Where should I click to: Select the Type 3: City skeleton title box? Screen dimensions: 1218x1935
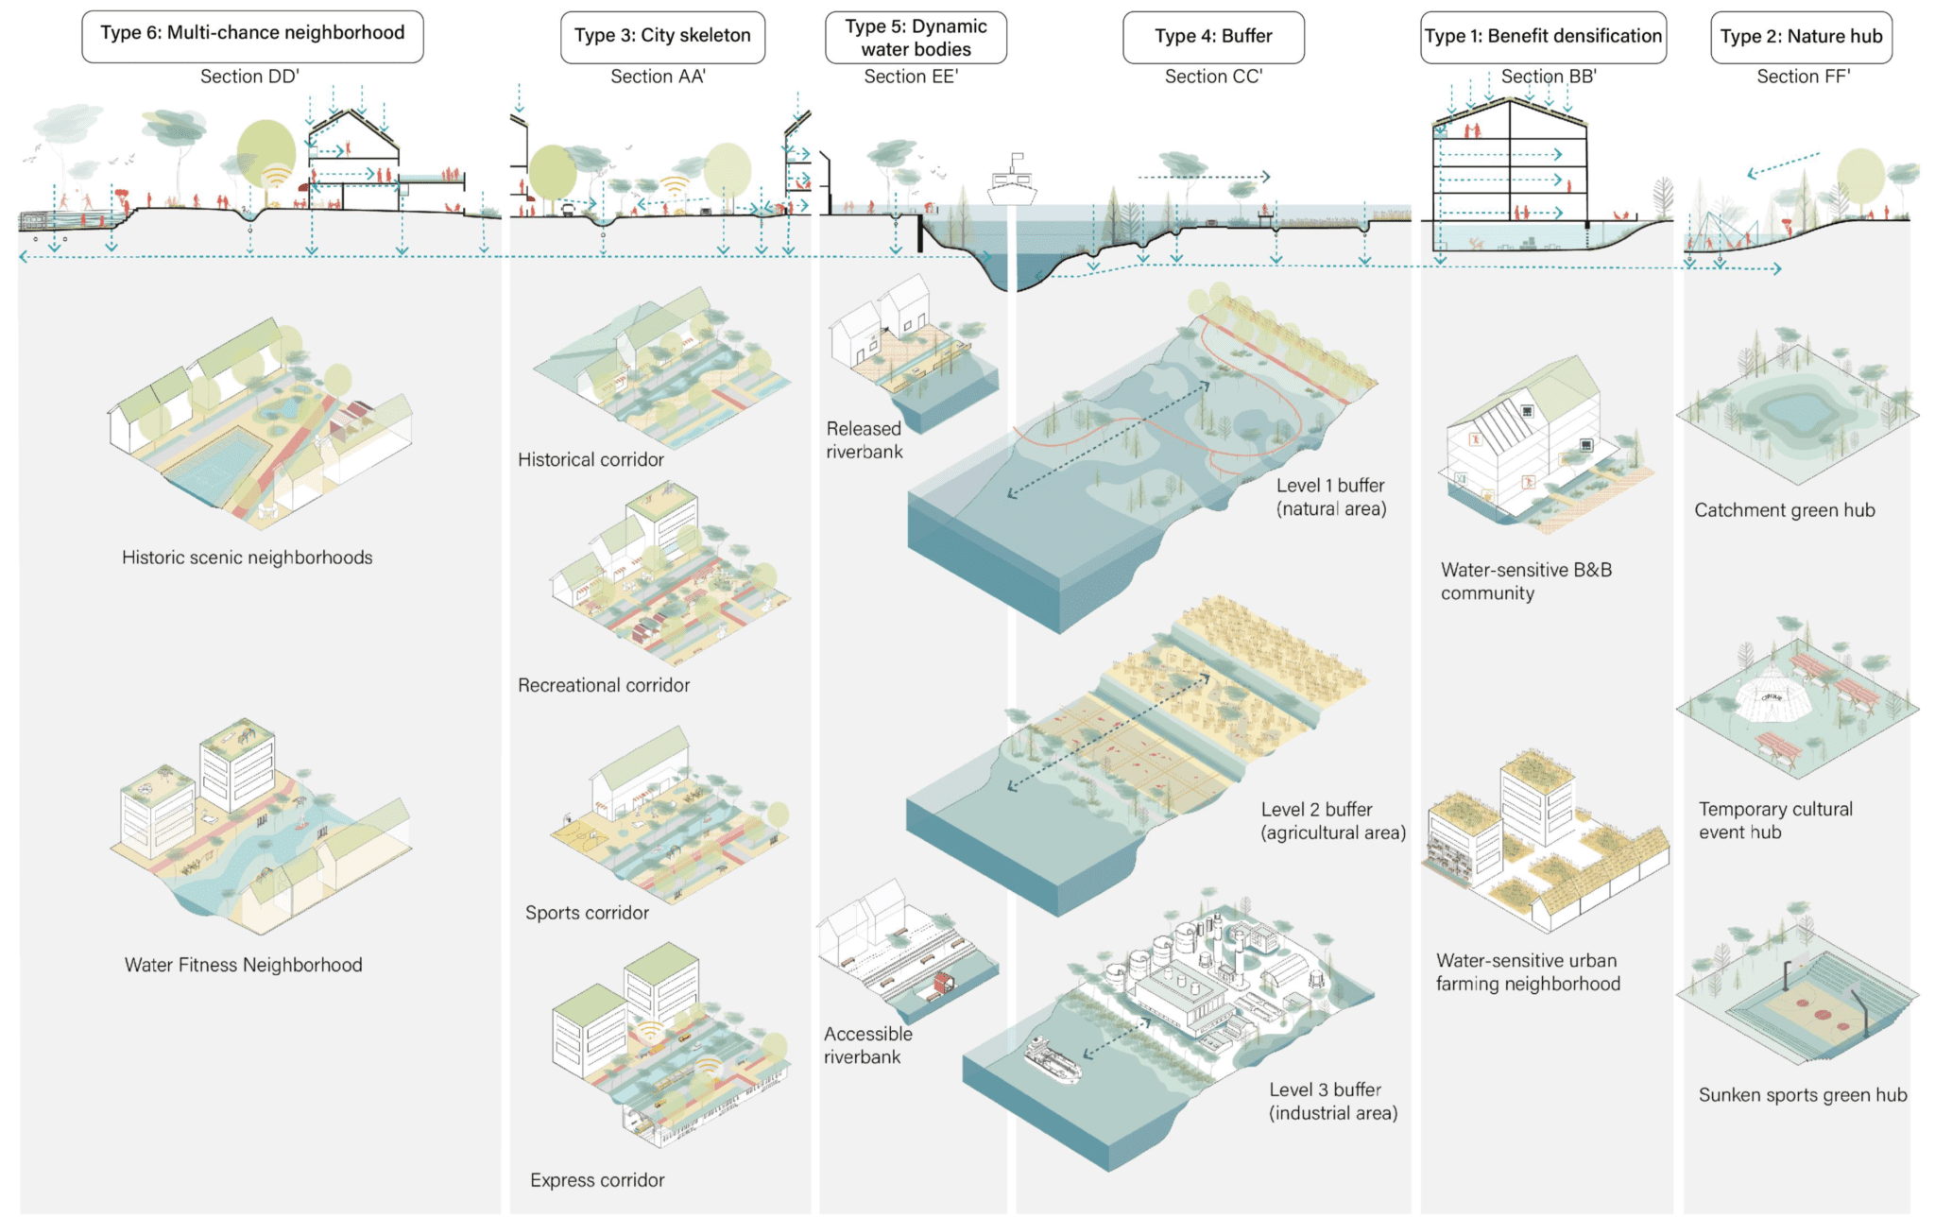coord(662,37)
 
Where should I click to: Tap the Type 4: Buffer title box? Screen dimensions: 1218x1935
coord(1213,37)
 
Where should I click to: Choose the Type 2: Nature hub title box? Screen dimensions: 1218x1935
coord(1801,37)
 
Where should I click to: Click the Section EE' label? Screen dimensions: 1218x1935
coord(911,77)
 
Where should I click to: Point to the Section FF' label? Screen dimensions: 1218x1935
coord(1803,77)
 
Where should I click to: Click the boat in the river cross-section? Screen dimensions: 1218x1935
coord(1012,181)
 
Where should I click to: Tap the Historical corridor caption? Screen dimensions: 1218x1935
coord(591,460)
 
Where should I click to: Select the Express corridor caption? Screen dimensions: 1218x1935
coord(597,1180)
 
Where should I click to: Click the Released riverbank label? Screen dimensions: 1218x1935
coord(864,440)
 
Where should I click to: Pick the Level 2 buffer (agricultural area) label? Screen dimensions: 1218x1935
coord(1333,821)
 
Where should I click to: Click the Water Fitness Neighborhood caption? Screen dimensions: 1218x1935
coord(244,965)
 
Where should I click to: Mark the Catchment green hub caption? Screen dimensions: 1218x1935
coord(1784,510)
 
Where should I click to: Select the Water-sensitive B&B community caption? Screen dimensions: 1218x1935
coord(1526,582)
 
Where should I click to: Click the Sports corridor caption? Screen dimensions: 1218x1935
coord(587,913)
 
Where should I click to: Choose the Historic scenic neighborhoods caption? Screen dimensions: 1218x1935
coord(247,558)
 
